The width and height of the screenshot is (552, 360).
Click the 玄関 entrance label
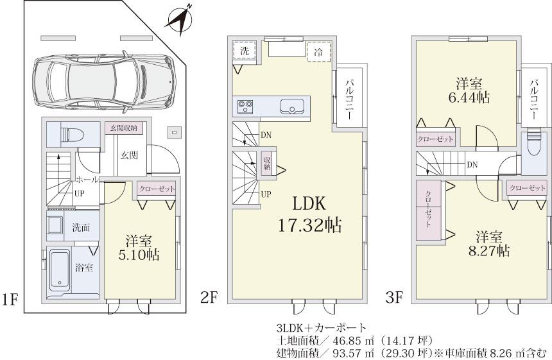[x=128, y=155]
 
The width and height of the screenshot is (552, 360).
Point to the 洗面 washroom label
[x=80, y=227]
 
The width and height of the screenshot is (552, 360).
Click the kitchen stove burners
[x=245, y=105]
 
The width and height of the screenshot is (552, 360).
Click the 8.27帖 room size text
[x=489, y=250]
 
